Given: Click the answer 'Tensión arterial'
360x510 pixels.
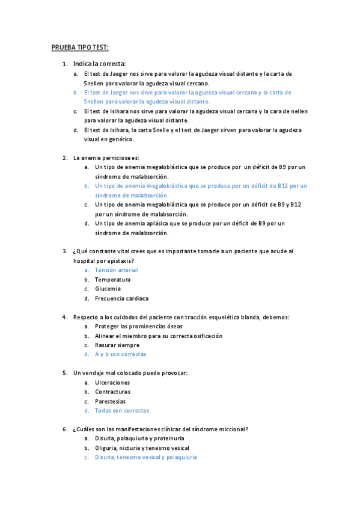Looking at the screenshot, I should (116, 270).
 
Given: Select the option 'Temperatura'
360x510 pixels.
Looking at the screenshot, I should (112, 280).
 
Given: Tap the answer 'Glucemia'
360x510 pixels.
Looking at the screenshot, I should (108, 289).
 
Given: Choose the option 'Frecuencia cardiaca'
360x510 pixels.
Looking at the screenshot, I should (121, 298).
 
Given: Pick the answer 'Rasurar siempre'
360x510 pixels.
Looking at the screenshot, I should (117, 345).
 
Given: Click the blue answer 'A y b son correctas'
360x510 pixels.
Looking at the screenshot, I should (120, 354).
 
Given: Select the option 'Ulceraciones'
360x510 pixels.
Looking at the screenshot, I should (112, 382).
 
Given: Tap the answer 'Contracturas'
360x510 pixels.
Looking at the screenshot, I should (112, 392).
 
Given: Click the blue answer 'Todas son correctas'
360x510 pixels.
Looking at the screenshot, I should (121, 411).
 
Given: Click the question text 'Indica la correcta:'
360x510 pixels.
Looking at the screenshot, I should (99, 63).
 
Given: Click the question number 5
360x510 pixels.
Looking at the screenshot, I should (64, 373).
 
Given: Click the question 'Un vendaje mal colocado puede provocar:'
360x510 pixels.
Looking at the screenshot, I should (130, 373).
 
